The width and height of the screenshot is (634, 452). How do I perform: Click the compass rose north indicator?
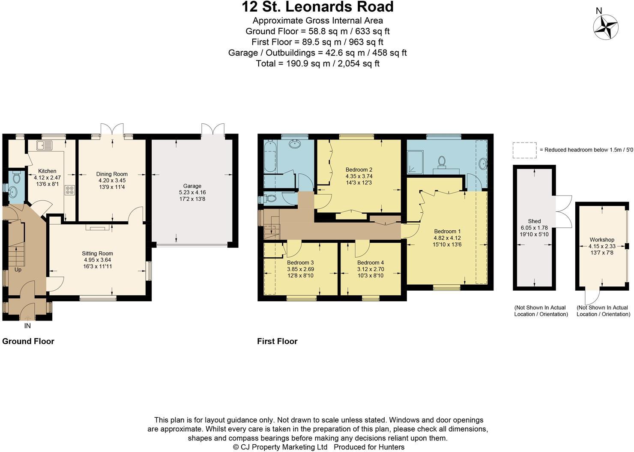[x=605, y=26]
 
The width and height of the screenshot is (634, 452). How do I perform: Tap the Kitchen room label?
[x=47, y=171]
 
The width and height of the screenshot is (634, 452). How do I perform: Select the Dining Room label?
[x=112, y=174]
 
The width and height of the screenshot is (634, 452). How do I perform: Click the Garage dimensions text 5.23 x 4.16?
[x=192, y=192]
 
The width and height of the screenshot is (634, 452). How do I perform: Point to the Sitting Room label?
[x=97, y=253]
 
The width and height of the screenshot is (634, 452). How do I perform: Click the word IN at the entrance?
[x=27, y=326]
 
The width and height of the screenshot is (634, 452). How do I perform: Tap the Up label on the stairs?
[x=18, y=270]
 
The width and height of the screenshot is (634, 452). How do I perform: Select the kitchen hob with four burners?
[x=69, y=190]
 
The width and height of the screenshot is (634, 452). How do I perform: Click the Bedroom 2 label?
[x=359, y=169]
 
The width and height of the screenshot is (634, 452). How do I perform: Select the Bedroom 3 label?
[x=300, y=262]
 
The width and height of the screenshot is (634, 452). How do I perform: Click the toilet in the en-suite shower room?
[x=442, y=161]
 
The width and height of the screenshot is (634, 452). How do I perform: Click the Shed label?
[x=534, y=221]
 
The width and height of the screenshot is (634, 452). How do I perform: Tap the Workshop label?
[x=601, y=240]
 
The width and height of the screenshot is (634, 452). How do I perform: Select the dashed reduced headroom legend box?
[x=524, y=150]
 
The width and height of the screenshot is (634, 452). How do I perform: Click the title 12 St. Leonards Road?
[x=317, y=7]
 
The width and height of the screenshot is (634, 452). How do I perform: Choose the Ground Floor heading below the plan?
[x=28, y=341]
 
